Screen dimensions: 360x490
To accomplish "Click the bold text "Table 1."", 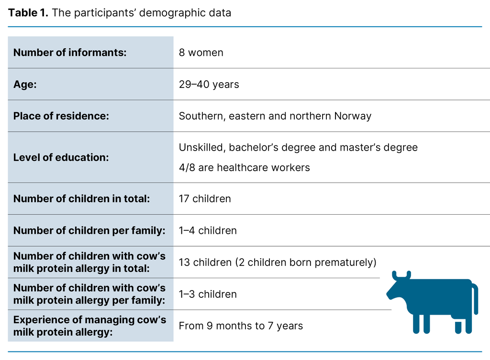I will (x=28, y=13).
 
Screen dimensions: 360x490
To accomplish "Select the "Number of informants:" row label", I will (x=70, y=53).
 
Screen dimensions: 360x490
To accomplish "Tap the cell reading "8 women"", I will (x=201, y=53).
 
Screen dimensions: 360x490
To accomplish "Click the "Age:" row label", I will (x=25, y=85).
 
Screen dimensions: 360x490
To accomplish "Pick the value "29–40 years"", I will (x=209, y=85).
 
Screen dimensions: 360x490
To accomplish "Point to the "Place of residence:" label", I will (x=61, y=116).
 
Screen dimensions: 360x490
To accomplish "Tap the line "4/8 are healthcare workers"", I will (x=244, y=167).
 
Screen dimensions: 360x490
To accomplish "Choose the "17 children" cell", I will (x=205, y=198).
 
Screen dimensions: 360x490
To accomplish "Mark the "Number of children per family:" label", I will (x=89, y=230).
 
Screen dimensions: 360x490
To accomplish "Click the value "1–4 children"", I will (x=208, y=230).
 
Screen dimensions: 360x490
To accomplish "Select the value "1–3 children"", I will (x=208, y=294).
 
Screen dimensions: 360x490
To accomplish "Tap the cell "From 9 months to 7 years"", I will (x=241, y=326).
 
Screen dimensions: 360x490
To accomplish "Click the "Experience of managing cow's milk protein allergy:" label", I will (x=89, y=326).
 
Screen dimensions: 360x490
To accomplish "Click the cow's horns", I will (x=401, y=275).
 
